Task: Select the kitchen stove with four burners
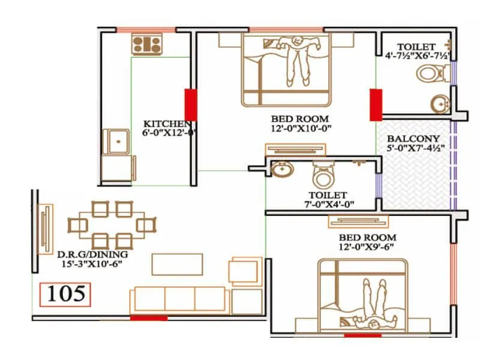pyautogui.click(x=148, y=43)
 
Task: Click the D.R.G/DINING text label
pyautogui.click(x=92, y=254)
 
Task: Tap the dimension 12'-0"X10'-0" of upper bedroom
pyautogui.click(x=301, y=128)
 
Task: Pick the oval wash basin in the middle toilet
pyautogui.click(x=282, y=170)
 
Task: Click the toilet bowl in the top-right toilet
pyautogui.click(x=428, y=74)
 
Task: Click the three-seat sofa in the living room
pyautogui.click(x=179, y=299)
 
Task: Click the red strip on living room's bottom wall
pyautogui.click(x=148, y=317)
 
